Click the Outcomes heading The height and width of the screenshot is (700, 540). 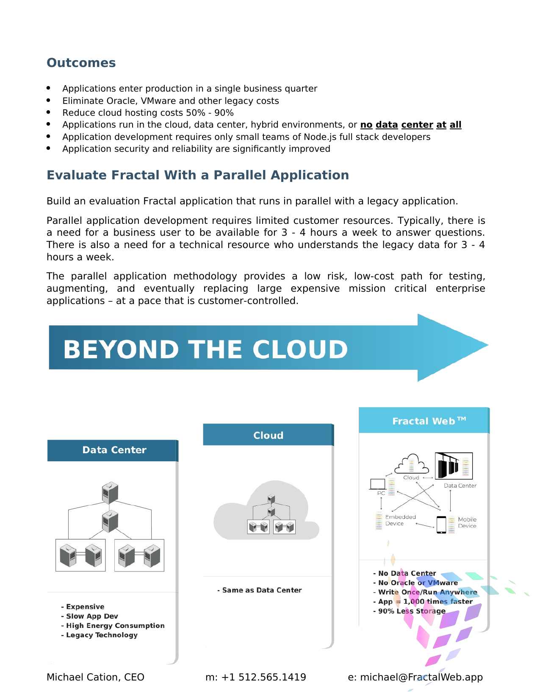(81, 63)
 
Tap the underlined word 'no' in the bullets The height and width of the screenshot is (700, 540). (366, 125)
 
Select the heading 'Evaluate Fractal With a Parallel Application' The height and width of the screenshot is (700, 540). (197, 175)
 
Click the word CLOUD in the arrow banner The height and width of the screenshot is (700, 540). (300, 349)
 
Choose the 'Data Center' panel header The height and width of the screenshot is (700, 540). (114, 450)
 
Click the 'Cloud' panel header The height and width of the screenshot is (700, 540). (268, 435)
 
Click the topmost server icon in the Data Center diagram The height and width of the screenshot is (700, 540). (110, 492)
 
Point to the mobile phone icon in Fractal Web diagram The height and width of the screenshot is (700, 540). (441, 524)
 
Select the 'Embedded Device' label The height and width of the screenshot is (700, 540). (400, 520)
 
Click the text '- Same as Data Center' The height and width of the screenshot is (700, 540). (260, 590)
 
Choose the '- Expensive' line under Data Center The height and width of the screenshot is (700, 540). (83, 607)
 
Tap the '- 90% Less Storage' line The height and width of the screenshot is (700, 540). (410, 611)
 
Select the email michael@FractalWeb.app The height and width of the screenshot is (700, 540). (421, 677)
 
